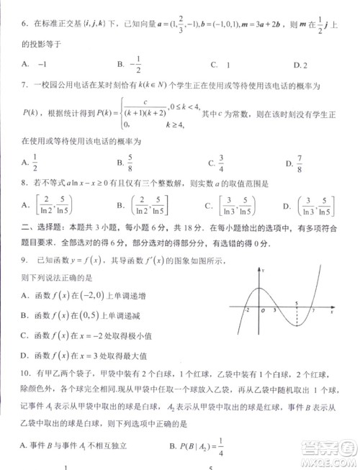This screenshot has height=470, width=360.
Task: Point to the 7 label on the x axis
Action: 312,311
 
